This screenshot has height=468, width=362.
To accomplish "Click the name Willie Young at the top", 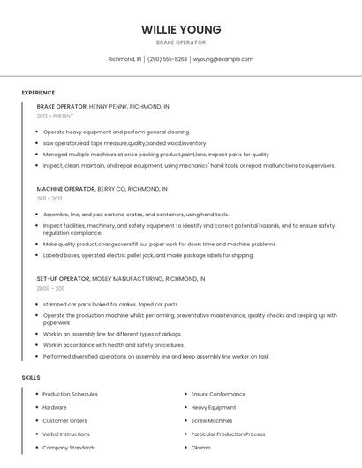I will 181,29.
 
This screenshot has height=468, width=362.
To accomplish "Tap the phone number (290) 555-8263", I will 167,59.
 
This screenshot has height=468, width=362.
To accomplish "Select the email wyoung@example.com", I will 223,59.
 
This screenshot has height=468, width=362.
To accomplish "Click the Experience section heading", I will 38,93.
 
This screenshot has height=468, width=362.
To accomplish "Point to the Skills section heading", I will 31,378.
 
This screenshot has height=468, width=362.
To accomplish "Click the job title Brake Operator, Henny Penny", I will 102,106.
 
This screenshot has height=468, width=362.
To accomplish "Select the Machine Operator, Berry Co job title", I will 102,189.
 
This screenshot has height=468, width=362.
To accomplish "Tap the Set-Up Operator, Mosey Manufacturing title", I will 121,278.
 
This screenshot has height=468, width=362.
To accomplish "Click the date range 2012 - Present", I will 55,116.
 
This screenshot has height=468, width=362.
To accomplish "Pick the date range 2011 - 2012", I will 49,199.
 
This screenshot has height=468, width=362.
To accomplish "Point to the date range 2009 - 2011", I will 50,288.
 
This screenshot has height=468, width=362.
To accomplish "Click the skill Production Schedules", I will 70,394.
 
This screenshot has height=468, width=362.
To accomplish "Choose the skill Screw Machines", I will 212,421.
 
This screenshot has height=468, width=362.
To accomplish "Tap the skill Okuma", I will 200,448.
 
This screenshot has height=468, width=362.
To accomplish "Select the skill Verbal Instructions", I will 66,434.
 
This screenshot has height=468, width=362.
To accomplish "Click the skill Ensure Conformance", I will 218,394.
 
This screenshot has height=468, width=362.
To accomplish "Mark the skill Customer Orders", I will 64,421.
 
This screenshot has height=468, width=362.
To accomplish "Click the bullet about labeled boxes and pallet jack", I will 147,255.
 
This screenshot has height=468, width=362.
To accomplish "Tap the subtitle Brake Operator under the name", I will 181,42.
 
